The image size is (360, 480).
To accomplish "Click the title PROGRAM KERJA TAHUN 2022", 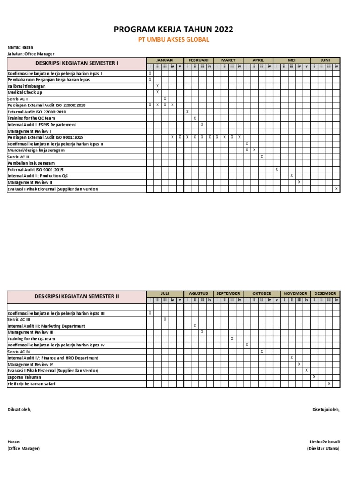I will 173,30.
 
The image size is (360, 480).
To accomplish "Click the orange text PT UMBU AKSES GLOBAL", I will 173,40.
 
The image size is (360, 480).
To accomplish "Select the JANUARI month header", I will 165,60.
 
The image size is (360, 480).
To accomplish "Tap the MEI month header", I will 292,60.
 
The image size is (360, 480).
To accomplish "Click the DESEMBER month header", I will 325,293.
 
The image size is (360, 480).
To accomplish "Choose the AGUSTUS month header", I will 198,293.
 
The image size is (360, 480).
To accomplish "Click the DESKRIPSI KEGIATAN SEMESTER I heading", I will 76,63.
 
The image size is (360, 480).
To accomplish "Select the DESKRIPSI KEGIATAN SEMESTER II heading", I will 76,296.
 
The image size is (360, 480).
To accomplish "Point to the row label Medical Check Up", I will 24,92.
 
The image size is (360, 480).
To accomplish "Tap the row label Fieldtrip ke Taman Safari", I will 31,384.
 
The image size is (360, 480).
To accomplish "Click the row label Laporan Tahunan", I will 24,377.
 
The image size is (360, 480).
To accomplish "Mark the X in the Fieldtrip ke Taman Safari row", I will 329,383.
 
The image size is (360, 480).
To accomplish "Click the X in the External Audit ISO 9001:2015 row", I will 277,169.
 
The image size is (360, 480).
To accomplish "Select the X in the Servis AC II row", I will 262,157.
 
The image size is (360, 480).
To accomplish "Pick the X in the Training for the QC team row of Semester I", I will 195,118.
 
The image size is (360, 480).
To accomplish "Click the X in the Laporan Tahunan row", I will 314,377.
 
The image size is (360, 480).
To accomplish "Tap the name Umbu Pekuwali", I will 324,442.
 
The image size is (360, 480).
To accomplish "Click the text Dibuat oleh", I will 19,409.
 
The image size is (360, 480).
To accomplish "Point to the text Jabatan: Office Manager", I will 31,54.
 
